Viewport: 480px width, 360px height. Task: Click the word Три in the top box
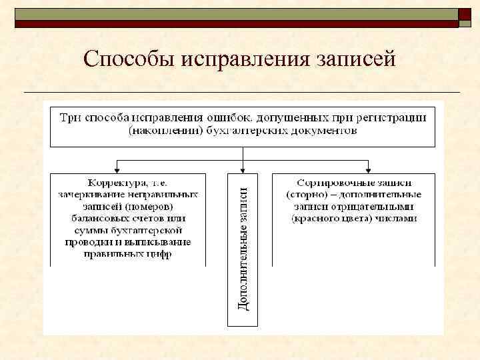tap(70, 118)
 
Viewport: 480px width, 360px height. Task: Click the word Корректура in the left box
tap(114, 182)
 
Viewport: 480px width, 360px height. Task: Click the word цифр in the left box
tap(158, 254)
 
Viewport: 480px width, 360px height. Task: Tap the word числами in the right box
tap(398, 218)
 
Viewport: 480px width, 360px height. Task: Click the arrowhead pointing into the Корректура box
tap(119, 169)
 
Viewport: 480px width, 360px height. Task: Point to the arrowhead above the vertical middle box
tap(243, 169)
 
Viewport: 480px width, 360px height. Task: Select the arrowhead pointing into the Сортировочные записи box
tap(367, 169)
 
